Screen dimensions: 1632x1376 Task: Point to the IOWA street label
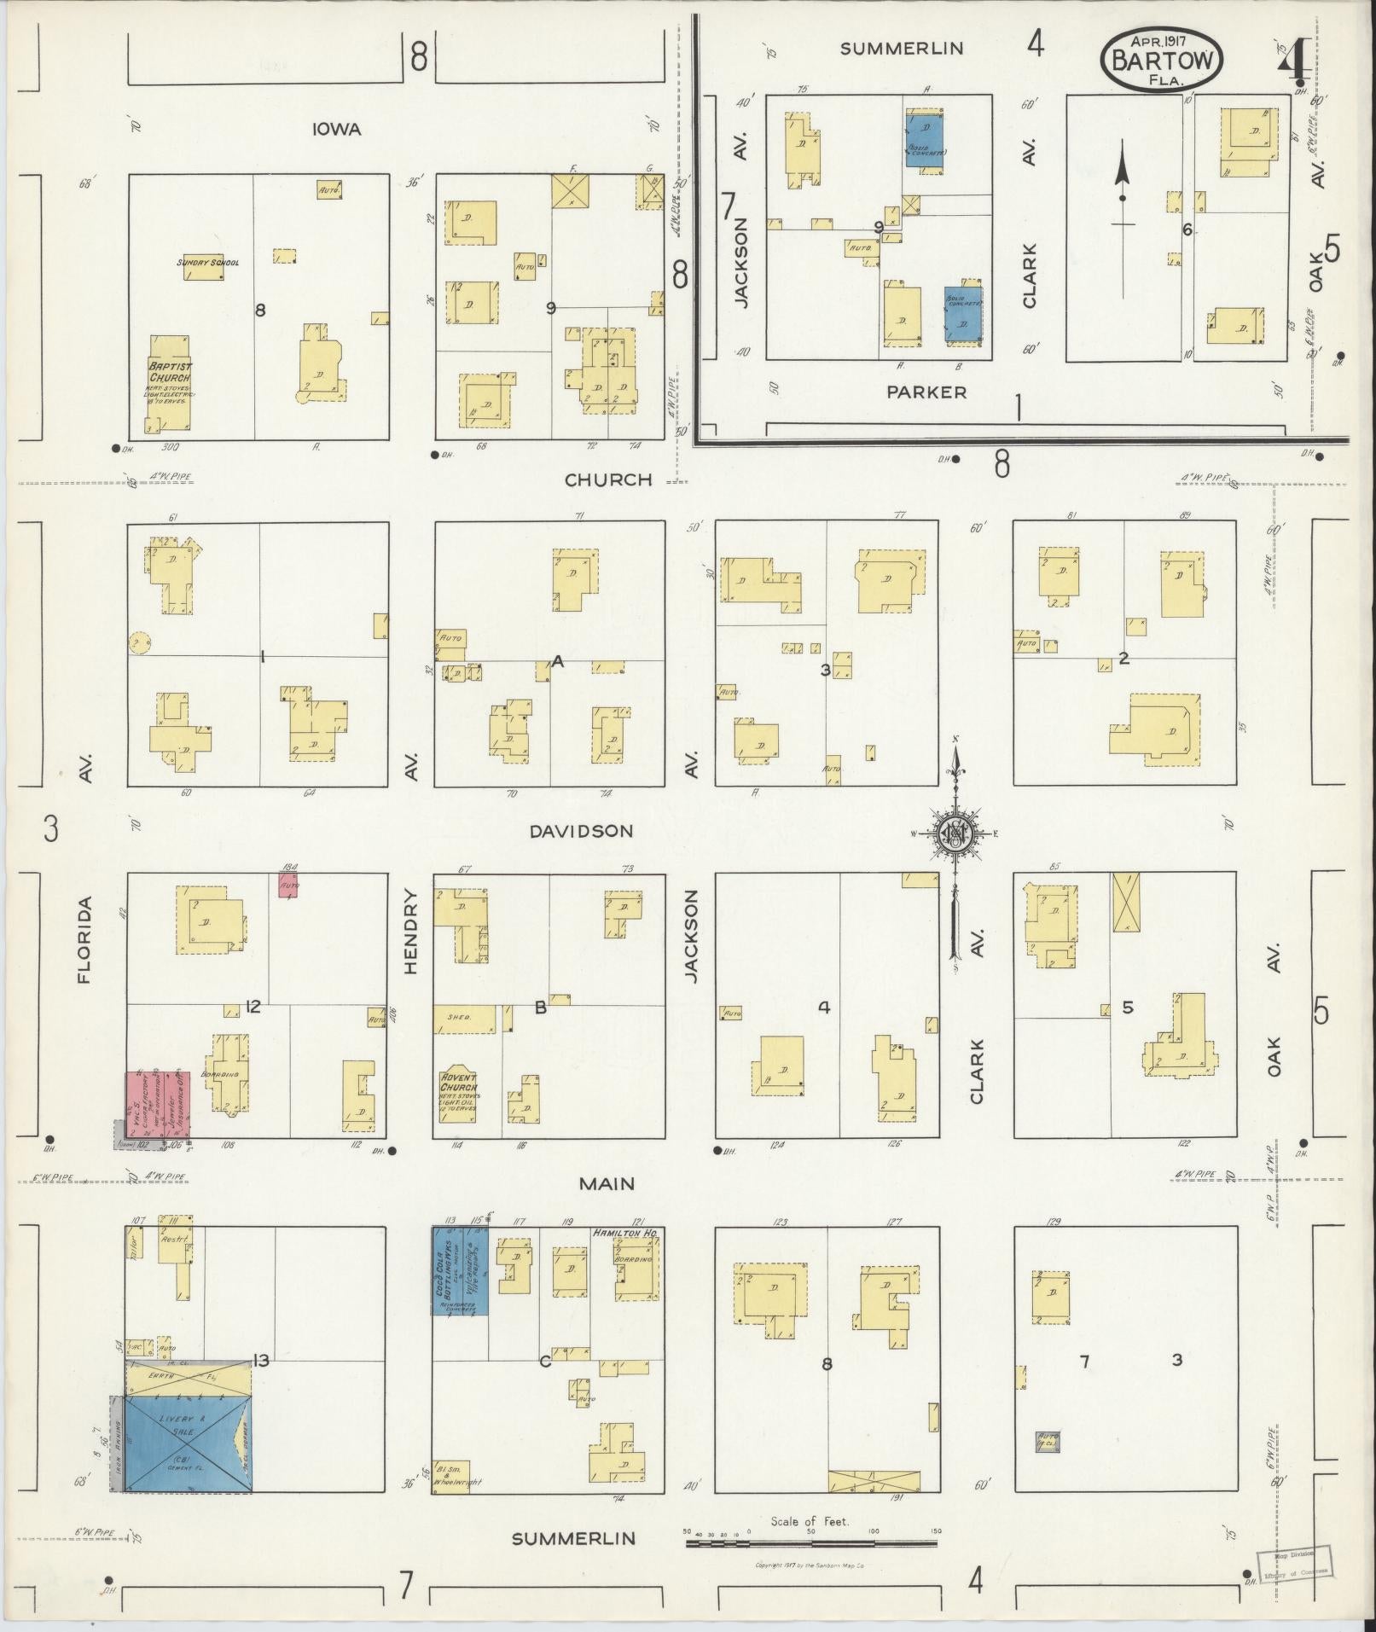[336, 130]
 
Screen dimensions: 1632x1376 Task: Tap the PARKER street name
[926, 392]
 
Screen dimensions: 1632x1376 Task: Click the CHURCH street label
[608, 479]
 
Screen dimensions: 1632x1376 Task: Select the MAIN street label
[607, 1183]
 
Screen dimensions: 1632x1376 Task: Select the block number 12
[253, 1007]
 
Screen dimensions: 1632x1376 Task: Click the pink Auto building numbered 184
[288, 885]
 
